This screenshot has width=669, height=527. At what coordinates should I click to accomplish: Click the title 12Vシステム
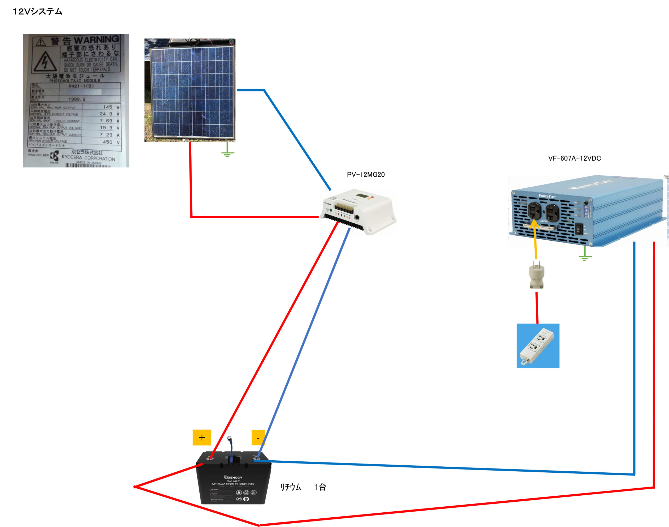(x=38, y=12)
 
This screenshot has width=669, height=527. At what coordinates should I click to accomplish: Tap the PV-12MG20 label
(x=366, y=175)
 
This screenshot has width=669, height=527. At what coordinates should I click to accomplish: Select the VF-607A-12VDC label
(x=574, y=158)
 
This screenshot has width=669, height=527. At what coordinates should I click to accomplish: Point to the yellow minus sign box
(x=258, y=438)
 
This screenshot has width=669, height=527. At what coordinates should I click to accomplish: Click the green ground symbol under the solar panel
(x=228, y=151)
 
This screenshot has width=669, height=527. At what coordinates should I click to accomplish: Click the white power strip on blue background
(x=538, y=346)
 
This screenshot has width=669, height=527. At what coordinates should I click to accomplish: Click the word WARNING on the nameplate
(x=96, y=39)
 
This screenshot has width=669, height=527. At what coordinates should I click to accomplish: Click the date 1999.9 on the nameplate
(x=77, y=99)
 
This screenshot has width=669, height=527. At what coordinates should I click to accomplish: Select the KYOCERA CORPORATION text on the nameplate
(x=88, y=158)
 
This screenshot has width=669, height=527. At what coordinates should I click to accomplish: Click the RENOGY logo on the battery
(x=233, y=477)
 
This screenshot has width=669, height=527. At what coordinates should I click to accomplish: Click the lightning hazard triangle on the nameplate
(x=45, y=62)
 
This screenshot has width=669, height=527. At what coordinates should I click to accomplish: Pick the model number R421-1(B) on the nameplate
(x=81, y=86)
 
